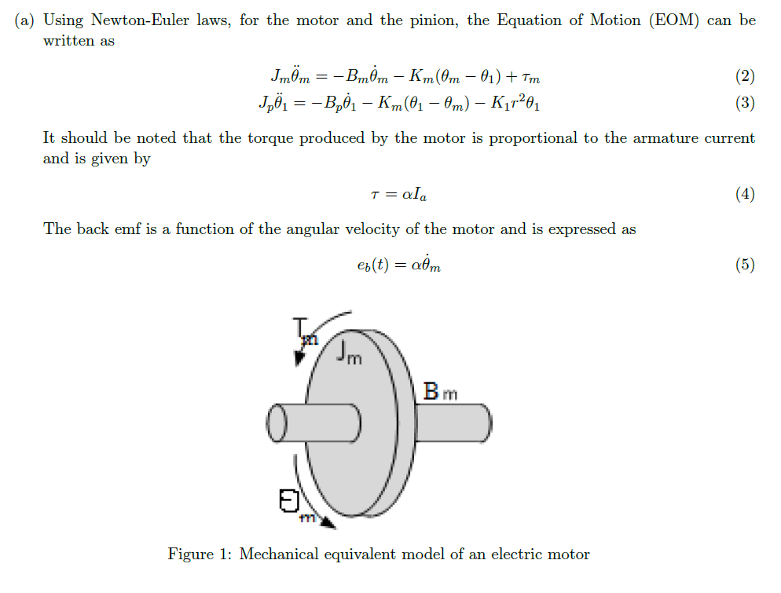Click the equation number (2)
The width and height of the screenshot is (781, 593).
[x=745, y=76]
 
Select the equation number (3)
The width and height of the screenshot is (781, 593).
[x=745, y=103]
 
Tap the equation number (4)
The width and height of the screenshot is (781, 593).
[x=745, y=194]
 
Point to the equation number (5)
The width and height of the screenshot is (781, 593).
[x=745, y=265]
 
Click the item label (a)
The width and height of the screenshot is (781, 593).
[x=24, y=20]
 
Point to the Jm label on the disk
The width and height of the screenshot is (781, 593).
[x=349, y=352]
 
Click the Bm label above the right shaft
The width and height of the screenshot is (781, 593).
[x=440, y=391]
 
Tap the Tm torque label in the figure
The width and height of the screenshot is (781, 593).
[x=305, y=331]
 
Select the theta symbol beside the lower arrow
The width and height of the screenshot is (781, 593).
[x=289, y=500]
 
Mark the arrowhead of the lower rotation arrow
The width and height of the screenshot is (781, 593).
[x=328, y=522]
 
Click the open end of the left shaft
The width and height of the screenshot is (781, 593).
[x=277, y=423]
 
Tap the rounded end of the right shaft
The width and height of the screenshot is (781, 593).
[x=486, y=423]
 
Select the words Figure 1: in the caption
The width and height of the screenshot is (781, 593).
[x=200, y=555]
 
